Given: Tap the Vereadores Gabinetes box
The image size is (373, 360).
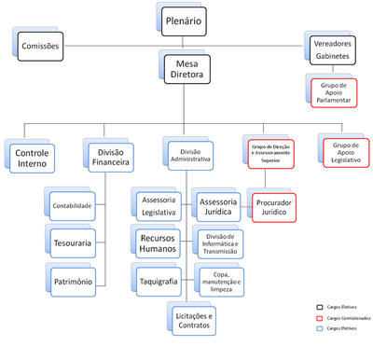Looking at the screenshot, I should click(333, 48).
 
